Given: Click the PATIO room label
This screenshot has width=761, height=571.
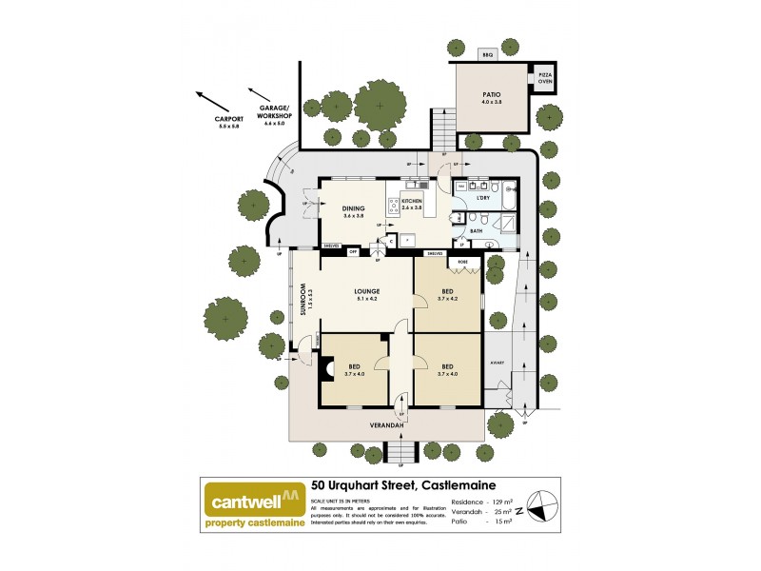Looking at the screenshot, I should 491,94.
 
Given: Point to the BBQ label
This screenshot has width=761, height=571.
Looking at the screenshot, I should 487,55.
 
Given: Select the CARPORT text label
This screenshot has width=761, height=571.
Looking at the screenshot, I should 229,121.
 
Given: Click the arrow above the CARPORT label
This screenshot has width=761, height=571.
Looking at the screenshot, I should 212,101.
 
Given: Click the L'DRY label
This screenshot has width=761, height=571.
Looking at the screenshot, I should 497,198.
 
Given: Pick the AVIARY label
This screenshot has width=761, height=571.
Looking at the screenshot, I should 497,363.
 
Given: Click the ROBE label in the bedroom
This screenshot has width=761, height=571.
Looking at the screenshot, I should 463,261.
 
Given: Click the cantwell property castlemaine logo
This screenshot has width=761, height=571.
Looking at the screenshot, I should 251,503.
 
